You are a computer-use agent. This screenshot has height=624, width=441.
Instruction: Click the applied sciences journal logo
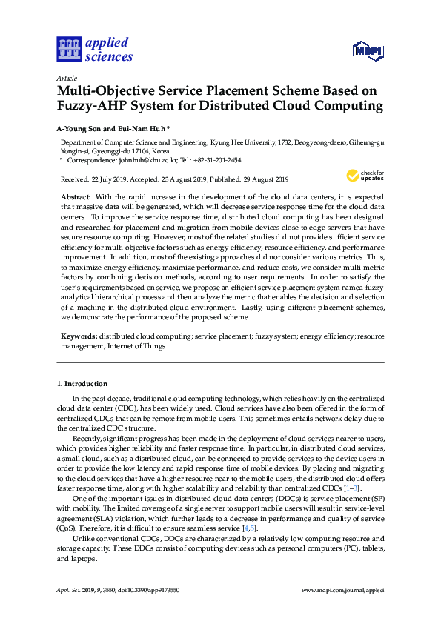[x=93, y=49]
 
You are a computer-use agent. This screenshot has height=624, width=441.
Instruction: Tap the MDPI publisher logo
[x=367, y=52]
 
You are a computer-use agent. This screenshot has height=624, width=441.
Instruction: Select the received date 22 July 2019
[x=111, y=179]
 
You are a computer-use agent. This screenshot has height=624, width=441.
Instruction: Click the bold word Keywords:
[x=79, y=336]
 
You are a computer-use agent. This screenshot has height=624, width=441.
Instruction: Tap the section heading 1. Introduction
[x=82, y=384]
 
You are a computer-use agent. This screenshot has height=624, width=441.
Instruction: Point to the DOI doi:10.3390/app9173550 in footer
[x=147, y=591]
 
